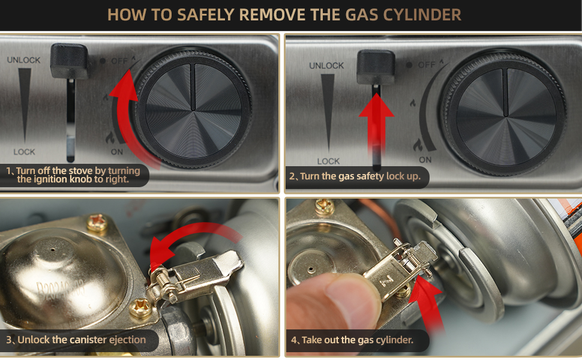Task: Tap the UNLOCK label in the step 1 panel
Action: click(24, 60)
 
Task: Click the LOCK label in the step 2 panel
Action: click(328, 161)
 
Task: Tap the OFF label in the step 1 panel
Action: click(119, 61)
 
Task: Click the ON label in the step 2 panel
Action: click(425, 160)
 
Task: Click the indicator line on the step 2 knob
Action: click(505, 92)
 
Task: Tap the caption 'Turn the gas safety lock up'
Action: click(360, 176)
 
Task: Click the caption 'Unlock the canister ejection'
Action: click(82, 340)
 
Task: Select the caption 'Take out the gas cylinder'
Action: click(358, 340)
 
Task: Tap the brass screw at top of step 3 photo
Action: click(97, 223)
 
